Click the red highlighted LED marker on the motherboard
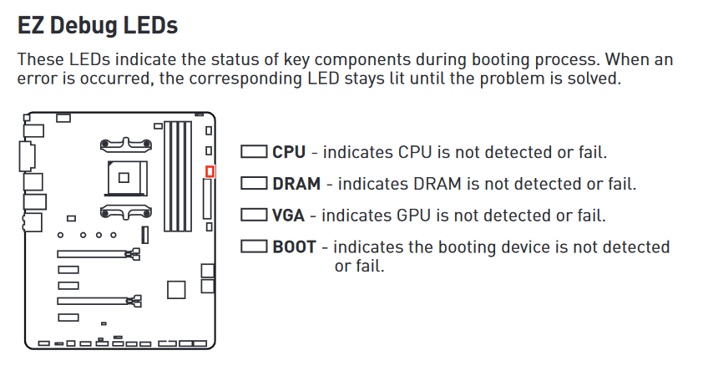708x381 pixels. point(210,172)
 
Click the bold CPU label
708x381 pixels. point(289,152)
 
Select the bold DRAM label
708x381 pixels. point(296,184)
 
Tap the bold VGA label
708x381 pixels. point(288,216)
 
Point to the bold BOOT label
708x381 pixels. point(295,247)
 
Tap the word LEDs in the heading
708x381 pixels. point(150,25)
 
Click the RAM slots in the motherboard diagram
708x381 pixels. point(178,176)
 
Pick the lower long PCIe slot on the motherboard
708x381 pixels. point(99,301)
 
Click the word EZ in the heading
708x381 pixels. point(31,25)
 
